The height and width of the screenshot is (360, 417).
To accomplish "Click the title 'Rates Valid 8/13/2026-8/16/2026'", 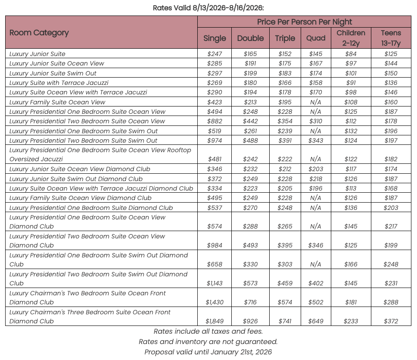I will [x=208, y=8].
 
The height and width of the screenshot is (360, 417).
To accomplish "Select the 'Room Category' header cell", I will [x=39, y=33].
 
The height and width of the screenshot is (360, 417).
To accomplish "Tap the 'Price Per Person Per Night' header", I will [x=304, y=22].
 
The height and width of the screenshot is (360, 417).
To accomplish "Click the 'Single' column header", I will [x=215, y=38].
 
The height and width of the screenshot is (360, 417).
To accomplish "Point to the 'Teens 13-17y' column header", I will [x=391, y=38].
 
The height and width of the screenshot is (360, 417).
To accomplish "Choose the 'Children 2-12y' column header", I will [x=351, y=38].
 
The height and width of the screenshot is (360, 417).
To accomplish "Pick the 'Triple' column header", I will [x=285, y=38].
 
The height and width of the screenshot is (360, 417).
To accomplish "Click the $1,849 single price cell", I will [x=215, y=321].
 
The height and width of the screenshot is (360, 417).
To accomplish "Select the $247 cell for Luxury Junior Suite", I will [x=215, y=54].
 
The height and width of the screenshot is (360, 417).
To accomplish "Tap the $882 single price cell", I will [x=215, y=121].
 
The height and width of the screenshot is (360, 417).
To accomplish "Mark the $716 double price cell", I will [x=250, y=302].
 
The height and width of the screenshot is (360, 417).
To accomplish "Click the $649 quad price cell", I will [x=316, y=321].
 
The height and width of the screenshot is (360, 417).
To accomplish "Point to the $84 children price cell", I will [x=351, y=54].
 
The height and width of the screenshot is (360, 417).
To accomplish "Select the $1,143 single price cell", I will [x=215, y=283].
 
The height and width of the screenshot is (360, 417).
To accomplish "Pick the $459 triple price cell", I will [x=285, y=283].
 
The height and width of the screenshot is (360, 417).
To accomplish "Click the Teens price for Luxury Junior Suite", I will [x=391, y=54].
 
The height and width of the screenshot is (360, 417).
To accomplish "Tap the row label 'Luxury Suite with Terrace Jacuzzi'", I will [x=59, y=83].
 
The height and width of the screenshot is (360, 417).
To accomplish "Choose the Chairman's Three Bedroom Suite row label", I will [x=90, y=316].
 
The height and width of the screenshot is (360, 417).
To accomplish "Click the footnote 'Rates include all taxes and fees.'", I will [x=208, y=332].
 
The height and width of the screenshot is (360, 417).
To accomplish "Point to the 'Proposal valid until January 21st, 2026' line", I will [x=208, y=352].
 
